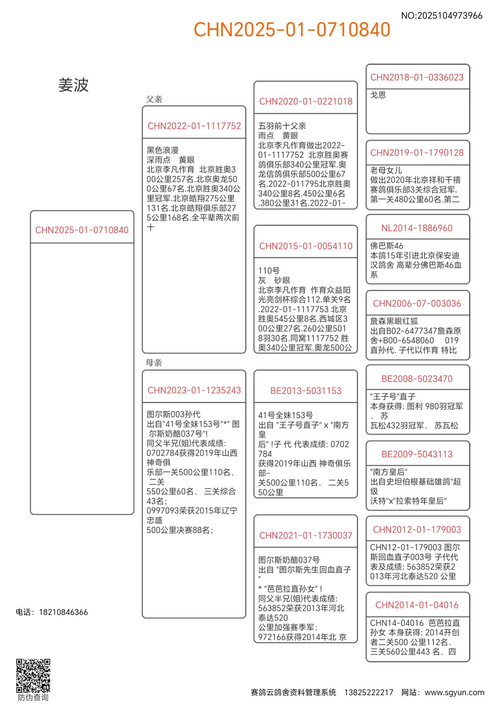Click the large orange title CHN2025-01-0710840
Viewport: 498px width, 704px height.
292,30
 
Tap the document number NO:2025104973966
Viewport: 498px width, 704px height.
442,16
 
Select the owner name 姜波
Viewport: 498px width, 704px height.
74,85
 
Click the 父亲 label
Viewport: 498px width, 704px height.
154,99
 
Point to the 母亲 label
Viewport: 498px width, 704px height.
154,363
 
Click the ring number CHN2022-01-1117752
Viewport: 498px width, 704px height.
194,126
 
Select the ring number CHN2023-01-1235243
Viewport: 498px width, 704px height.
194,390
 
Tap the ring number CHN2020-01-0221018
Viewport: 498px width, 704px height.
306,102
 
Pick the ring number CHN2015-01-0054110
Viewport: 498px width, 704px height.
306,246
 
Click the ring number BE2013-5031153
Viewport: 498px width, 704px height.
306,391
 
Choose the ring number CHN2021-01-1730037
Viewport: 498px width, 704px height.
306,536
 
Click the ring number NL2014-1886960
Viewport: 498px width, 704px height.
417,228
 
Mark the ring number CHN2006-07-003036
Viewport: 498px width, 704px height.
417,303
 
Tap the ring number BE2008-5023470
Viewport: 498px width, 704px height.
417,379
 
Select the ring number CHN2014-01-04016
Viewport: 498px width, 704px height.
417,605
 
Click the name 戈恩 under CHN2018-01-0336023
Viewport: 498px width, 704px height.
378,95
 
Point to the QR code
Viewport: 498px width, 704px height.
33,676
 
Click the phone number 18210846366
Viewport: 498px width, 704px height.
63,612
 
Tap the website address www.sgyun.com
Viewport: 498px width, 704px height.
454,692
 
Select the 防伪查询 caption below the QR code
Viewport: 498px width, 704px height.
33,697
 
